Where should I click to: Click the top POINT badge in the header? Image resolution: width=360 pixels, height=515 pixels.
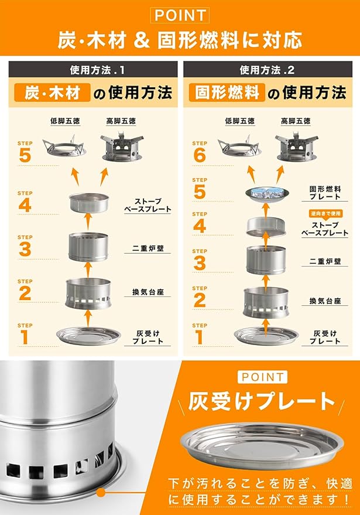(x=180, y=15)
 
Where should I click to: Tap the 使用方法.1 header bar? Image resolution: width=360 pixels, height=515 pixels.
(x=93, y=69)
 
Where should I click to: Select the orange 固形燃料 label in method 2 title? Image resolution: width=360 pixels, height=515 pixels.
(x=227, y=93)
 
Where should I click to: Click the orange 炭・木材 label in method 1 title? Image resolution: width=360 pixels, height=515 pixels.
(x=52, y=93)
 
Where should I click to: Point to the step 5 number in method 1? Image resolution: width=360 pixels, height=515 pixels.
(x=25, y=155)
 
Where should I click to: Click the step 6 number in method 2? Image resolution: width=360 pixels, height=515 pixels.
(x=200, y=155)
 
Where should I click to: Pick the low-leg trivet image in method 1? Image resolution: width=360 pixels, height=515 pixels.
(x=64, y=146)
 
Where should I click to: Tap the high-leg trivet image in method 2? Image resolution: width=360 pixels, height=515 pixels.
(x=297, y=147)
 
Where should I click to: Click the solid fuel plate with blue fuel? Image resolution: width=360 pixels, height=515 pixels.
(x=267, y=195)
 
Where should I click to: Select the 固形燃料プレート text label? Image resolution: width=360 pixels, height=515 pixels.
(x=325, y=193)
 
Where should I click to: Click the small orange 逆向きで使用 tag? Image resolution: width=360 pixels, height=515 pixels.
(x=325, y=213)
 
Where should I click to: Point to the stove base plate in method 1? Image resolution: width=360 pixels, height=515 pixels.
(x=89, y=202)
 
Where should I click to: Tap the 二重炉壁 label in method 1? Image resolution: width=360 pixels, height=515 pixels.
(x=148, y=248)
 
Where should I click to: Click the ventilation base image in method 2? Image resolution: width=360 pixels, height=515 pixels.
(x=266, y=303)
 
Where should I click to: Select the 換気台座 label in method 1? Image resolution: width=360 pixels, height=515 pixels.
(x=148, y=292)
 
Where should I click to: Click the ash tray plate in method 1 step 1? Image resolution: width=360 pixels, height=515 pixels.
(x=88, y=336)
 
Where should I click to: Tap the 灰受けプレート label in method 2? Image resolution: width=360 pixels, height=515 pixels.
(x=325, y=337)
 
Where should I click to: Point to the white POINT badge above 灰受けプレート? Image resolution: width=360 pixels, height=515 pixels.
(x=262, y=377)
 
